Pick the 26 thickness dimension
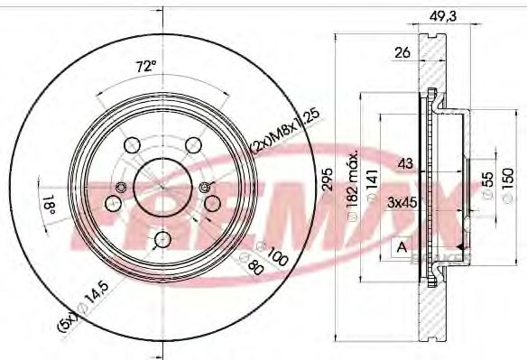(402, 52)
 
